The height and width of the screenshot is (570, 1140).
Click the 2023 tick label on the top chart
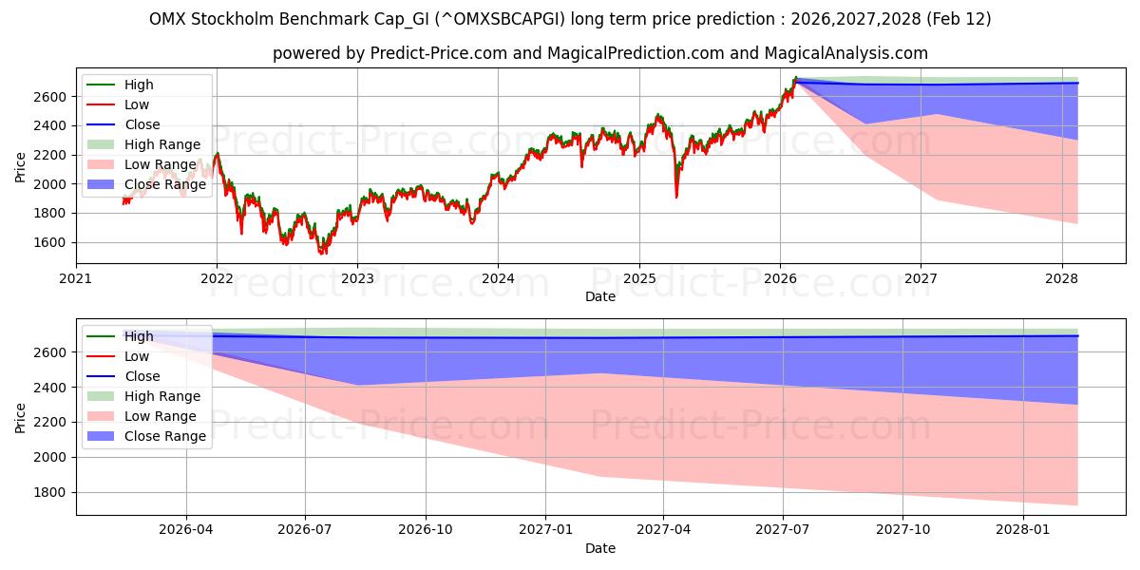click(357, 278)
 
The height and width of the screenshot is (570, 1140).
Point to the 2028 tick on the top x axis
click(1061, 278)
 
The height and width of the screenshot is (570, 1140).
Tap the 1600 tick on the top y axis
click(52, 242)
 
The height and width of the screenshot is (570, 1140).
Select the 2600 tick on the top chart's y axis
click(52, 97)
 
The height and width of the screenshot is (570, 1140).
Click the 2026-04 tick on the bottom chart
click(185, 529)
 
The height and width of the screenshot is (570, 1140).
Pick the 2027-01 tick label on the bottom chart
click(544, 529)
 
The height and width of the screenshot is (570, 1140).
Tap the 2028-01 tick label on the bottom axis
click(1024, 529)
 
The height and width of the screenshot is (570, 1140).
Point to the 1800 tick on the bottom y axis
click(52, 492)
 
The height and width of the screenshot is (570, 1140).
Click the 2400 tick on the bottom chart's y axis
click(52, 388)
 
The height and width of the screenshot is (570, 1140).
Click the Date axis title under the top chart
click(600, 296)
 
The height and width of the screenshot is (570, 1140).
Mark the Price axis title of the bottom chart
click(21, 418)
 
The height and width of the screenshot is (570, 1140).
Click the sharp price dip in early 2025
click(676, 197)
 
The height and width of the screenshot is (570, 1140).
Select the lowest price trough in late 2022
click(323, 253)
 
